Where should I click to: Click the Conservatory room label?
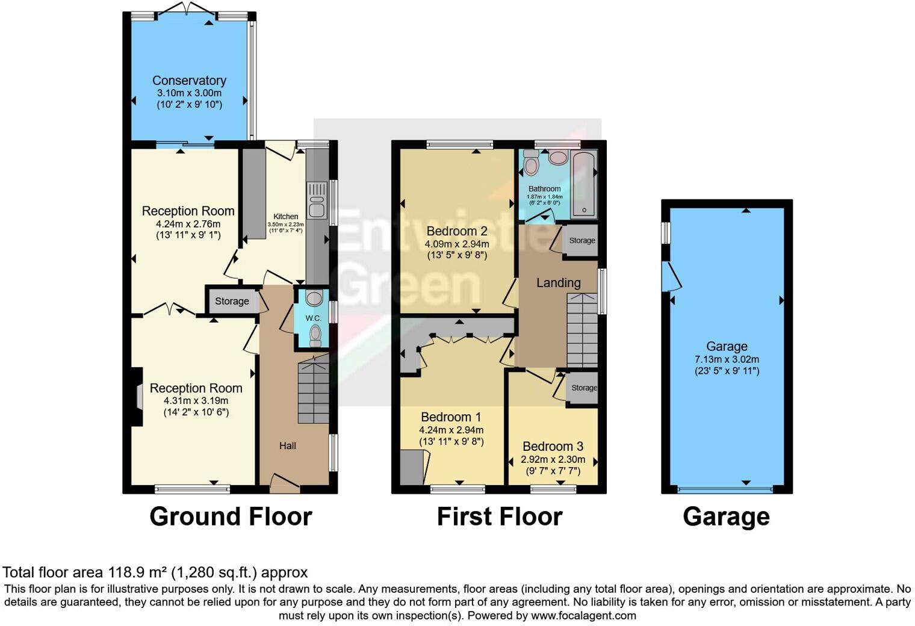[x=189, y=81]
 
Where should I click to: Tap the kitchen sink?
[x=317, y=200]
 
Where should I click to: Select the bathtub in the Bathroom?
[x=583, y=185]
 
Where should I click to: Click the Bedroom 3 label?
[x=553, y=447]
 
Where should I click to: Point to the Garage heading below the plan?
[x=726, y=517]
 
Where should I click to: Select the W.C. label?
[x=313, y=318]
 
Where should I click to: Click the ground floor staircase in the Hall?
[x=314, y=391]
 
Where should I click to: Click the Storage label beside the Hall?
[x=232, y=301]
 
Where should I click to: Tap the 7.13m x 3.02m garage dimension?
[x=727, y=359]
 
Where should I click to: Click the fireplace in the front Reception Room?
[x=138, y=397]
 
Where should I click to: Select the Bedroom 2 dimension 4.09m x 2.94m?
[x=456, y=244]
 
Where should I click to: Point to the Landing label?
[x=558, y=283]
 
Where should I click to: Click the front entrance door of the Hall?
[x=284, y=482]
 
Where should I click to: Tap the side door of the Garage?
[x=671, y=277]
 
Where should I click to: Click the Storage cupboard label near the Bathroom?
[x=582, y=240]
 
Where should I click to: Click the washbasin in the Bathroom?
[x=558, y=158]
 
